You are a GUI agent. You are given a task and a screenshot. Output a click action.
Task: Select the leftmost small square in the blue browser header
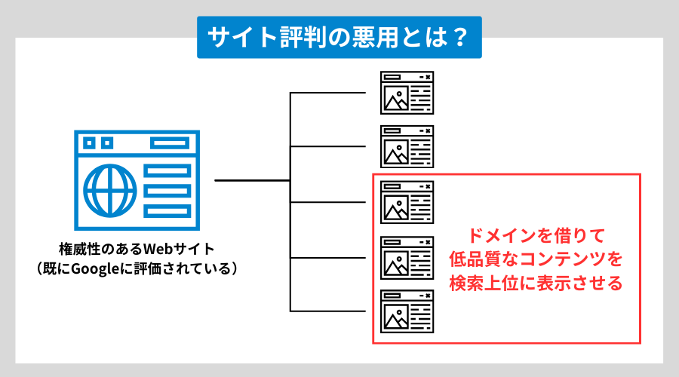point(90,143)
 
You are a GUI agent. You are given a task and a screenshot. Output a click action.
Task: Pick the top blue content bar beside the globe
point(168,172)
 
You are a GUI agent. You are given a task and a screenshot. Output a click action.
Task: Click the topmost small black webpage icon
point(407,92)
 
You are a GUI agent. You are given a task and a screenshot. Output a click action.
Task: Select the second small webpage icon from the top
point(407,146)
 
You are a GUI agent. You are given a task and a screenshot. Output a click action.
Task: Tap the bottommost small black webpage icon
point(407,311)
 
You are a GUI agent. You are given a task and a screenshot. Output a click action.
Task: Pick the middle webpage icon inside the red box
point(407,257)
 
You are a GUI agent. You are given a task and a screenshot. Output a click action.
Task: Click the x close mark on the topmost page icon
point(428,76)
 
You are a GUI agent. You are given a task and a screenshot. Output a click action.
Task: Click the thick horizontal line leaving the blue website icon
point(253,181)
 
